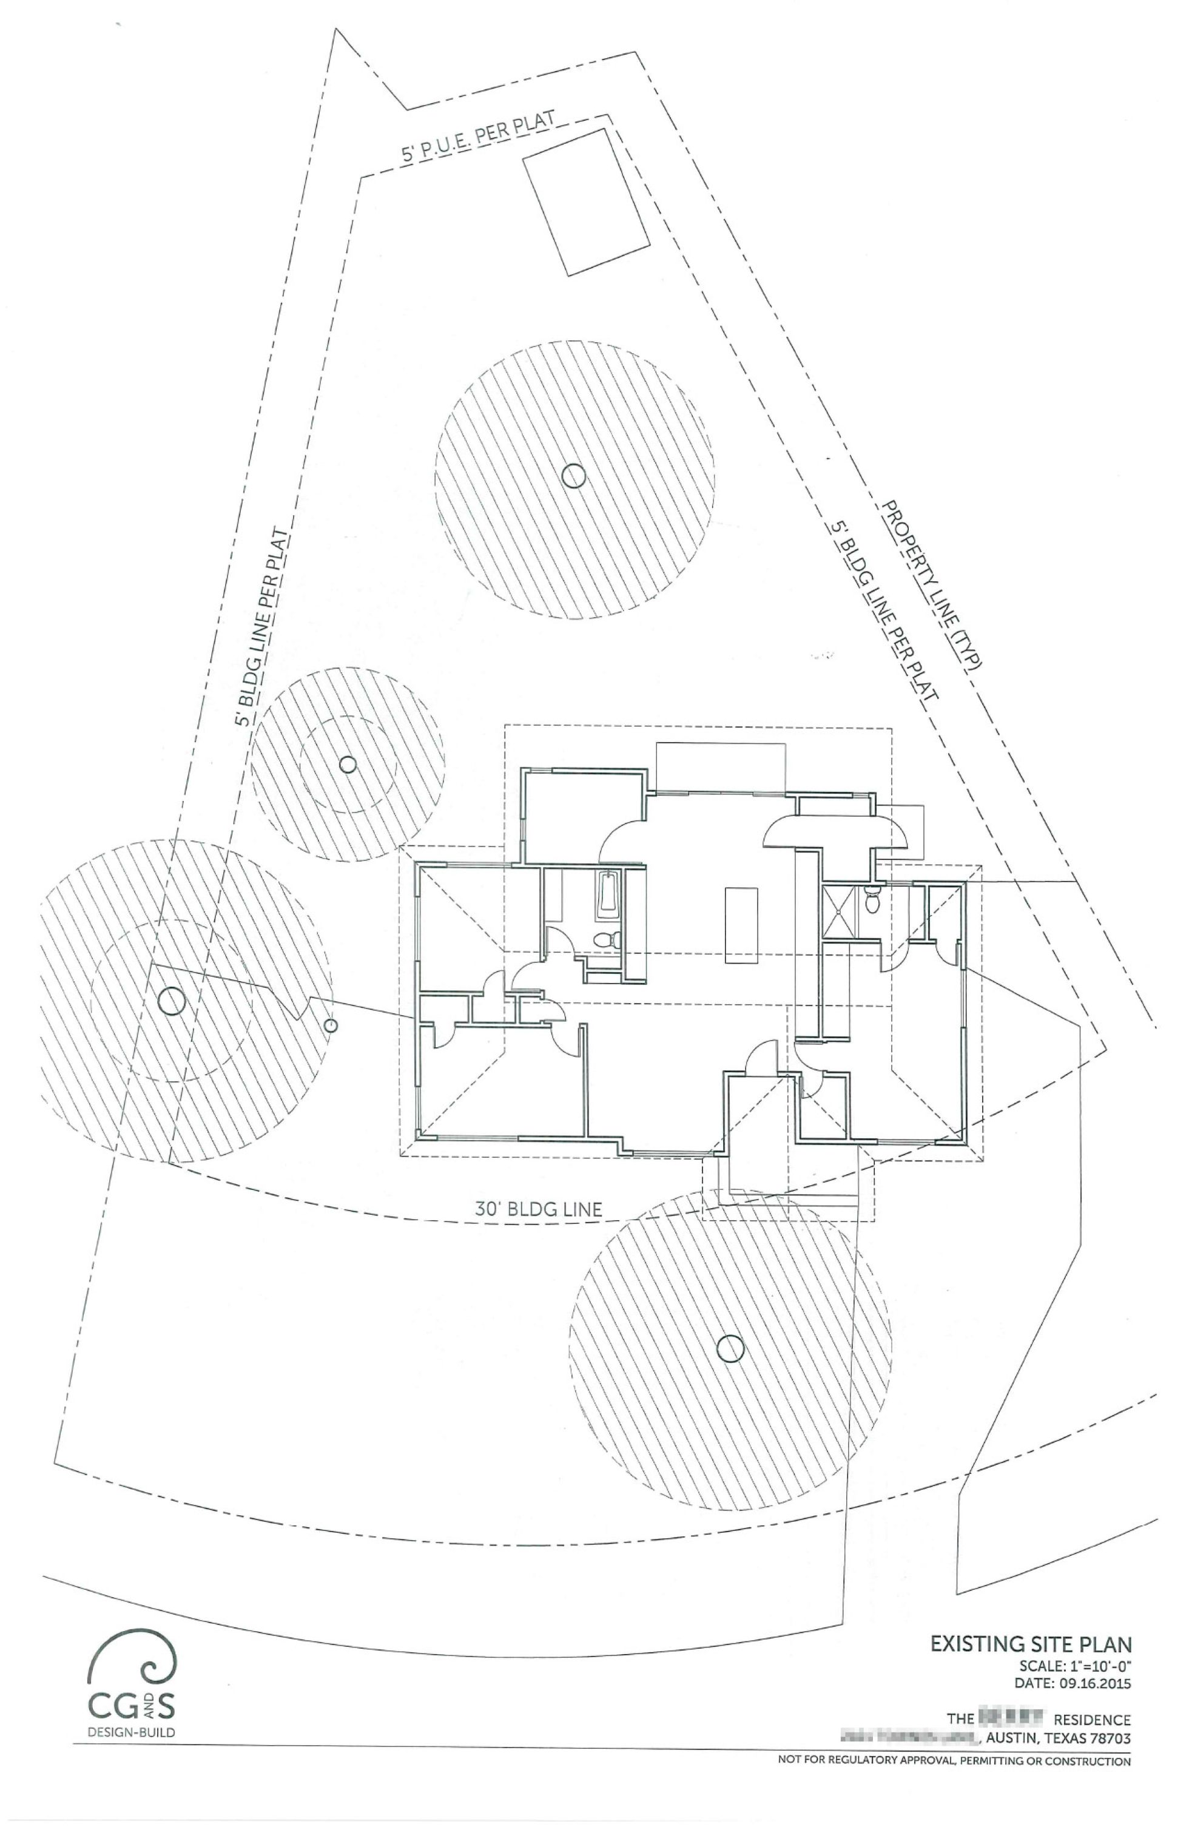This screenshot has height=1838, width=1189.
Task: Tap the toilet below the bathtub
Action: coord(606,940)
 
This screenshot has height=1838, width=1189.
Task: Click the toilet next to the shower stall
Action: coord(872,900)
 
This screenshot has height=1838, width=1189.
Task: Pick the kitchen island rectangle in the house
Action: coord(741,925)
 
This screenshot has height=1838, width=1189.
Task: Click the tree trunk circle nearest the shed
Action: coord(572,476)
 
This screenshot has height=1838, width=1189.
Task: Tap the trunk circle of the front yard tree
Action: coord(729,1348)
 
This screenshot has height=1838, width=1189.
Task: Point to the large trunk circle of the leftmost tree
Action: coord(170,1002)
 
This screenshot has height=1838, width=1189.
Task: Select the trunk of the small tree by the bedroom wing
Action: coord(348,765)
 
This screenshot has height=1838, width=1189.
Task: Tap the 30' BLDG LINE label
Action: coord(538,1209)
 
